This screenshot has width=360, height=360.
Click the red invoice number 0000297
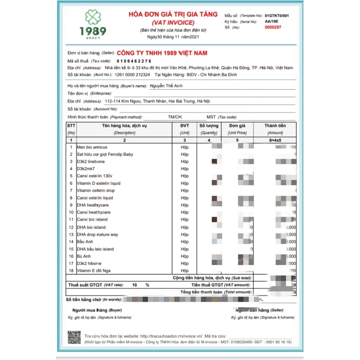pos(273,27)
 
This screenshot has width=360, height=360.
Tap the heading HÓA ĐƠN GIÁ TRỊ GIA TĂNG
pos(174,15)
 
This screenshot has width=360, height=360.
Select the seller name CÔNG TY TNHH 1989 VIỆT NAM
pos(162,53)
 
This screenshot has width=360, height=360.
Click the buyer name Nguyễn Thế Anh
pos(166,86)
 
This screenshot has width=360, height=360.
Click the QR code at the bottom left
pos(74,338)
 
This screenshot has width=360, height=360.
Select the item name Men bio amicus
pos(92,147)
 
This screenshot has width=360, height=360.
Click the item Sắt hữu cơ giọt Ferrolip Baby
pos(105,154)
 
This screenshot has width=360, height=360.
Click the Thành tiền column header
pos(275,126)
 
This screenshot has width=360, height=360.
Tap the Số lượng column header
pos(209,126)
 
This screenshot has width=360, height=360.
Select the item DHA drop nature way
pos(97,235)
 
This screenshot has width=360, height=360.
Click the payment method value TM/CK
pos(175,117)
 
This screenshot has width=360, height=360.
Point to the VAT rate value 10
pos(135,285)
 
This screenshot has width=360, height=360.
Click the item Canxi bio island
pos(92,220)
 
